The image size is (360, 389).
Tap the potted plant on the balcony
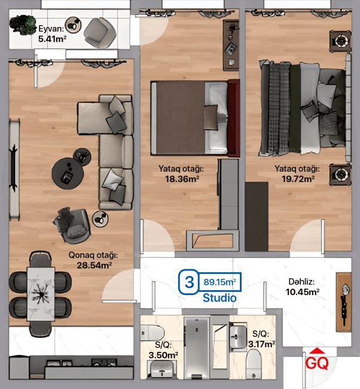coord(25,24)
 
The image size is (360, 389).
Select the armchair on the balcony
coord(97,31)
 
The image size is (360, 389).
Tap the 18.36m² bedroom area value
coord(183,178)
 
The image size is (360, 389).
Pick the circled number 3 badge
coord(190,282)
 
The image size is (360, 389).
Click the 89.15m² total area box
coord(219,281)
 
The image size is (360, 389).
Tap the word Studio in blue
coord(219,297)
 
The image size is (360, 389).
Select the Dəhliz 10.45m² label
coord(301,287)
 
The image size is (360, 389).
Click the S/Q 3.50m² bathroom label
coord(164,351)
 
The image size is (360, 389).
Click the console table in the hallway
coord(344,301)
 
